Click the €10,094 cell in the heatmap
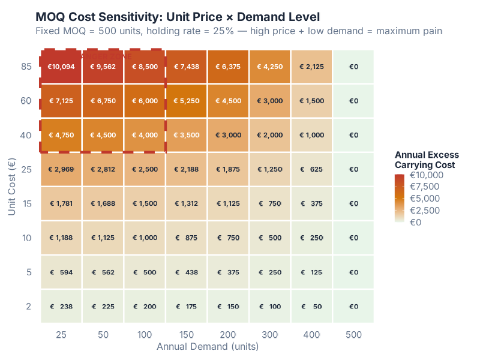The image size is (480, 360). pos(61,67)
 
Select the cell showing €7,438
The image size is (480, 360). pos(187,67)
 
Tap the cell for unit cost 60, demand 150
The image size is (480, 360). pos(187,101)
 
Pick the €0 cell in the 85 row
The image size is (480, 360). pos(353,67)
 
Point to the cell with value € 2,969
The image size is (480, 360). pos(61,169)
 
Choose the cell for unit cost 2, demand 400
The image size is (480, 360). pos(312,307)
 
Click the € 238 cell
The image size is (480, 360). pos(61,307)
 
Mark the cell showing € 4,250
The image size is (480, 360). pos(270,67)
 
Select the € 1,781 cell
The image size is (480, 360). pos(61,203)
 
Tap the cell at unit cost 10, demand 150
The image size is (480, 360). pos(187,238)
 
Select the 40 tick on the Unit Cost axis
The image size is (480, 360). pos(26,135)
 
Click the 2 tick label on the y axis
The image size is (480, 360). pos(28,307)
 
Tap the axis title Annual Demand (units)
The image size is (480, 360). pos(207,346)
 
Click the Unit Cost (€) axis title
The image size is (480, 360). pos(11,187)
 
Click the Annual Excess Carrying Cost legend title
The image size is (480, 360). pos(427,160)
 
